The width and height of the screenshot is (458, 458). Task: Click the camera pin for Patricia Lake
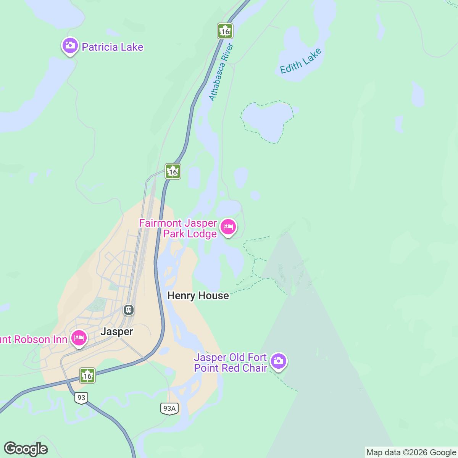pos(69,46)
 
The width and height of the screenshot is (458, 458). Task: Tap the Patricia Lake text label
pos(113,47)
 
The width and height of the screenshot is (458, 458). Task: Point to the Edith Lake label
pos(301,61)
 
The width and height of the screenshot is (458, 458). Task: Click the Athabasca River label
pos(221,73)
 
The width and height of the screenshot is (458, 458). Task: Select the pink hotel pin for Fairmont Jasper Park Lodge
pos(228,227)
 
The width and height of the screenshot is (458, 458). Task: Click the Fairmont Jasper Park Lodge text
pos(178,228)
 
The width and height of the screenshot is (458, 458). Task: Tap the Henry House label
pos(198,296)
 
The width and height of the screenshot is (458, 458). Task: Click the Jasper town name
pos(117,332)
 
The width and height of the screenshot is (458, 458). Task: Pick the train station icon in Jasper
pos(129,310)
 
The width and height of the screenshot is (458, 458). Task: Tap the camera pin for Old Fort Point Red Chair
pos(279,361)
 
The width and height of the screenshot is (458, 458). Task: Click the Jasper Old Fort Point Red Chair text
pos(230,363)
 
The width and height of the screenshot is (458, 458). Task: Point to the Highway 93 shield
pos(81,398)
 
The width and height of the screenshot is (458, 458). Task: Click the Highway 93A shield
pos(169,409)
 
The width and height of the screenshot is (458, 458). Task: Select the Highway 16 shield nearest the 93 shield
pos(87,376)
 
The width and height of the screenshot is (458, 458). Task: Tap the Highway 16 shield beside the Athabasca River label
pos(225,31)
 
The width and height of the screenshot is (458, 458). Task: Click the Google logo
pos(26,449)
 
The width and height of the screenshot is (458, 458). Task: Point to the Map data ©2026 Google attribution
pos(411,453)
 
